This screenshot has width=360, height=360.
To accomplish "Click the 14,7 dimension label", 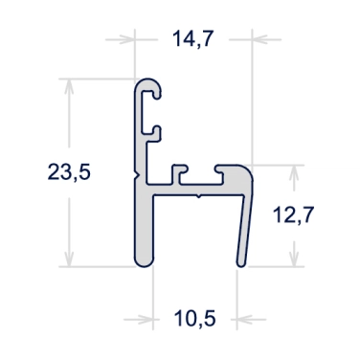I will pos(191,39).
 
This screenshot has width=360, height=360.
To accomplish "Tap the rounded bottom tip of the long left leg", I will pos(142,261).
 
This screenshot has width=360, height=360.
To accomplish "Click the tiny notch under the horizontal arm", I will pos(196,197).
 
